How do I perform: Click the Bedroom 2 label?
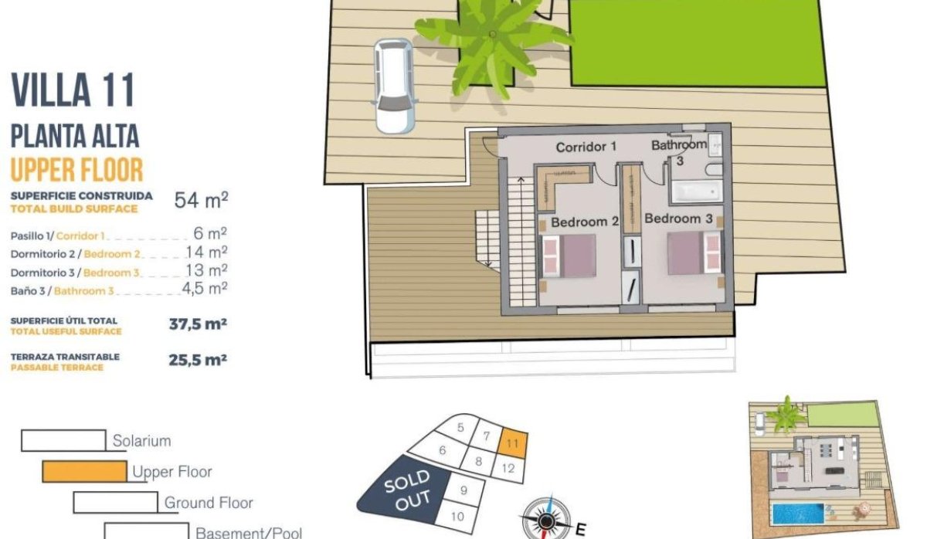585,222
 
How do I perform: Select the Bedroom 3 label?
678,219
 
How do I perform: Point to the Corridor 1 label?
586,146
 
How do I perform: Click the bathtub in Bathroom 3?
696,191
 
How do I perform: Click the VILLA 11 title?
73,90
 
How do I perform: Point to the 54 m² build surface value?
201,201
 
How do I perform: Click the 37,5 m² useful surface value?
198,324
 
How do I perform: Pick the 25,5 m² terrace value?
198,360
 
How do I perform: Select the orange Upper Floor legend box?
84,471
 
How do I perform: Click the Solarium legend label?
141,442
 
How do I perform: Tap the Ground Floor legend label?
209,503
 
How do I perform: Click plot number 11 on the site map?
513,443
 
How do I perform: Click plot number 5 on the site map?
461,427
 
